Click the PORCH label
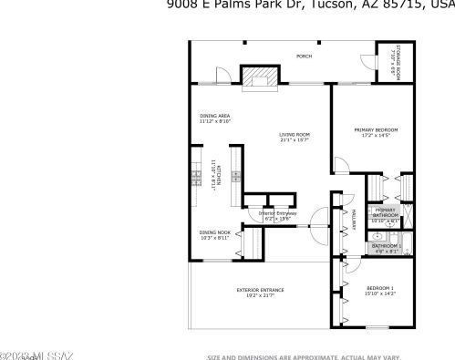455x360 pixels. (x=304, y=57)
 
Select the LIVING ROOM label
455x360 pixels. (x=295, y=136)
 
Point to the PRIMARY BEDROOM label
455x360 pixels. (x=377, y=129)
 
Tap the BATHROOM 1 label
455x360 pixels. (x=386, y=245)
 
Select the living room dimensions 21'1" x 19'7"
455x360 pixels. (x=295, y=141)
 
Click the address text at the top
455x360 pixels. (x=310, y=4)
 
